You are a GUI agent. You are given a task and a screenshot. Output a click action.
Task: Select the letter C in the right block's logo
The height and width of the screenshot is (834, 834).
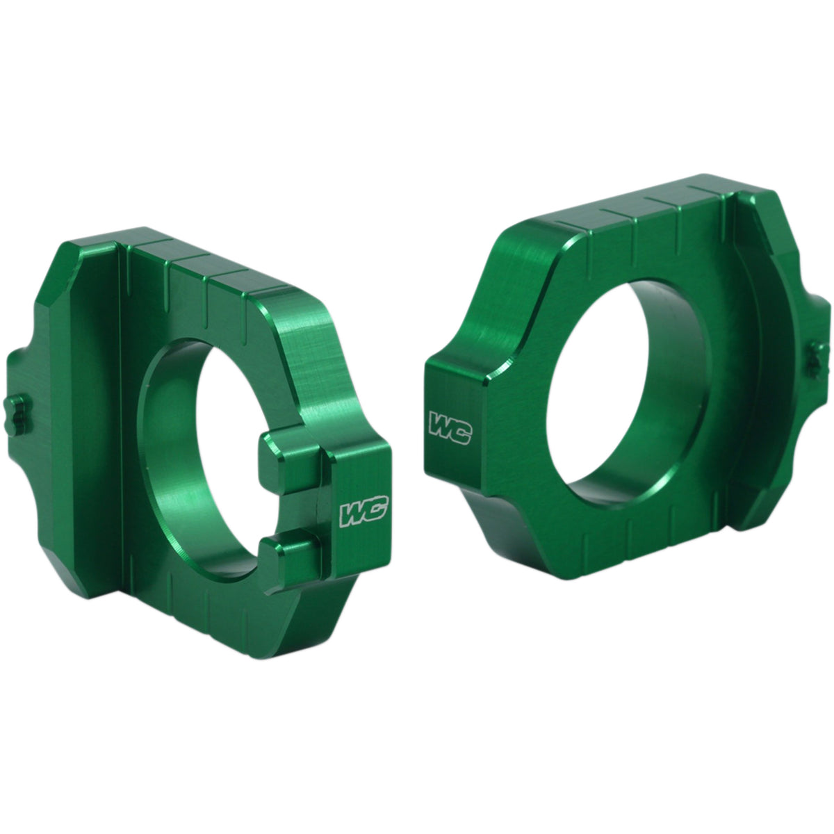pos(460,430)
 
